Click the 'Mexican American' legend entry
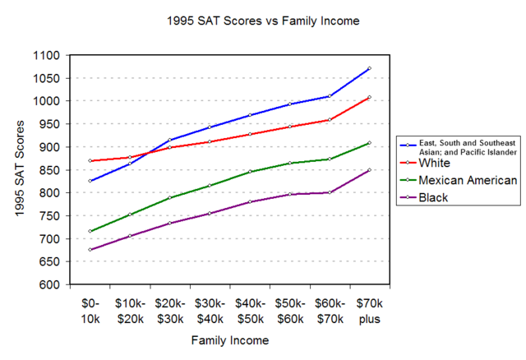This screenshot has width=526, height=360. click(466, 181)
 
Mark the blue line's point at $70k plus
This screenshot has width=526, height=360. click(370, 68)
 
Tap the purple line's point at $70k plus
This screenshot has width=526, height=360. click(370, 170)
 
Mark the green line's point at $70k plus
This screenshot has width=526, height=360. click(370, 143)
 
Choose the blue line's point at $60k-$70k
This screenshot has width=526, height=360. click(330, 96)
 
